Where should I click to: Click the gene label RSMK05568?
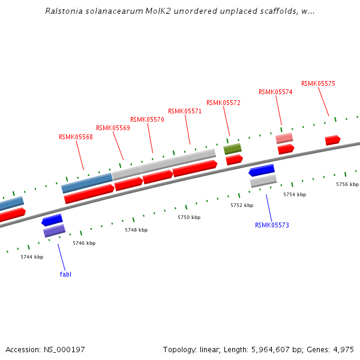pyautogui.click(x=76, y=137)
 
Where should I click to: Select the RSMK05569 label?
pyautogui.click(x=113, y=128)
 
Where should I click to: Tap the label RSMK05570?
pyautogui.click(x=147, y=119)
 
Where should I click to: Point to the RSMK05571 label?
pyautogui.click(x=185, y=111)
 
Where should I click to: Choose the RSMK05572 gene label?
pyautogui.click(x=223, y=103)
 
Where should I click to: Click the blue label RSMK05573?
pyautogui.click(x=272, y=226)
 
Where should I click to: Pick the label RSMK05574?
pyautogui.click(x=275, y=92)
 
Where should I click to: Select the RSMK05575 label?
pyautogui.click(x=318, y=83)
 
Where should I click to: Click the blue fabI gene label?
pyautogui.click(x=65, y=274)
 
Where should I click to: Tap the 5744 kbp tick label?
pyautogui.click(x=32, y=257)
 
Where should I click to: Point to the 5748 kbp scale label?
pyautogui.click(x=136, y=230)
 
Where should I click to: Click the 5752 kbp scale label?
pyautogui.click(x=242, y=205)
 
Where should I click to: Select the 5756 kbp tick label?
pyautogui.click(x=347, y=184)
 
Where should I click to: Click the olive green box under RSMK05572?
pyautogui.click(x=232, y=148)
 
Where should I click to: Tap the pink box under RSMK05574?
pyautogui.click(x=284, y=139)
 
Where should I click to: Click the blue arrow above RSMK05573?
pyautogui.click(x=262, y=170)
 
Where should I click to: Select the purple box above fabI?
pyautogui.click(x=54, y=230)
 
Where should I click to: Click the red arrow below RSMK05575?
pyautogui.click(x=332, y=140)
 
